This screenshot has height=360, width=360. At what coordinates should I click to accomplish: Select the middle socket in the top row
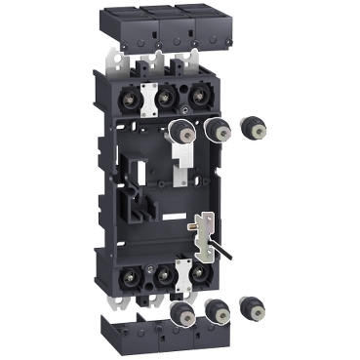[165, 97]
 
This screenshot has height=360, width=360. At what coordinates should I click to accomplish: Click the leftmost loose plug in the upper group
[180, 131]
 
